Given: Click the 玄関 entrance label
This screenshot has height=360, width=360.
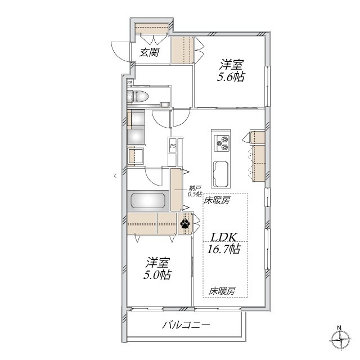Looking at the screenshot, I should tap(149, 53).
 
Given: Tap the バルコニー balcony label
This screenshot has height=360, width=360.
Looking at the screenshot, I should tap(186, 325).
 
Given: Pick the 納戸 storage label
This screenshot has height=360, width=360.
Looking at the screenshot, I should tap(194, 188).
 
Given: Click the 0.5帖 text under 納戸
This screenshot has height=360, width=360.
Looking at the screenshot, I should tap(194, 194).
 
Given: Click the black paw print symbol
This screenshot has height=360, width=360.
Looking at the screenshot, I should tap(185, 224).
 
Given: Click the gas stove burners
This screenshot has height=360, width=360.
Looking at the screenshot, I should tap(220, 143).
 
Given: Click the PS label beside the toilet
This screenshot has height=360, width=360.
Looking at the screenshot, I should tap(130, 83).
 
